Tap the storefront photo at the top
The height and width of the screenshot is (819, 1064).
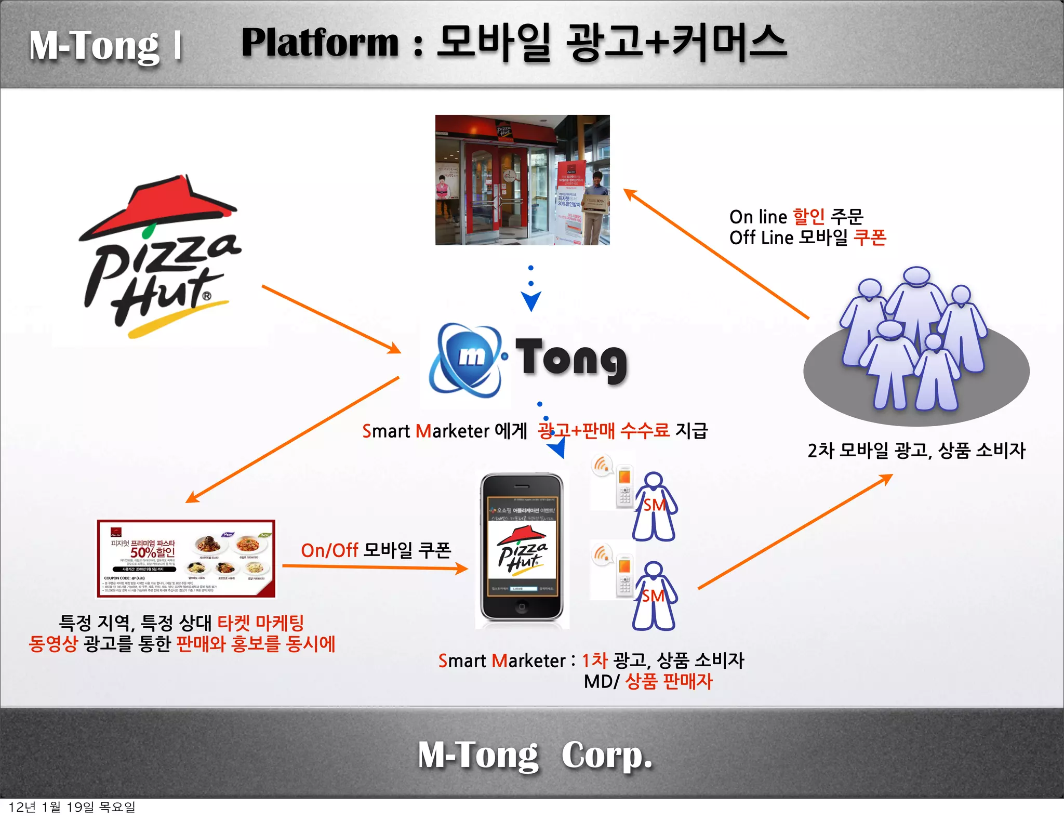click(x=522, y=180)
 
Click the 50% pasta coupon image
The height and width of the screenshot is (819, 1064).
click(x=186, y=559)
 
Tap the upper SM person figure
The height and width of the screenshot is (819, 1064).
click(x=654, y=507)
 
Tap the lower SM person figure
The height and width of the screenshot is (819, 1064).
click(x=654, y=596)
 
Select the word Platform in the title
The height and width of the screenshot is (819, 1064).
click(x=320, y=43)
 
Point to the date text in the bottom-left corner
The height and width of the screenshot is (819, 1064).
click(x=72, y=807)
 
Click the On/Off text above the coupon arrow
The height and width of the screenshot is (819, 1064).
click(x=329, y=550)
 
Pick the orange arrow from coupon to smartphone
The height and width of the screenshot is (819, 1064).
click(x=374, y=567)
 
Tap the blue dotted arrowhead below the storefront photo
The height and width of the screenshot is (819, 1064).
click(x=531, y=301)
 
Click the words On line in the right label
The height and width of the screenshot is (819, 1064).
click(x=758, y=217)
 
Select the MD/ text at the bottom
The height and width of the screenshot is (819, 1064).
click(x=601, y=681)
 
